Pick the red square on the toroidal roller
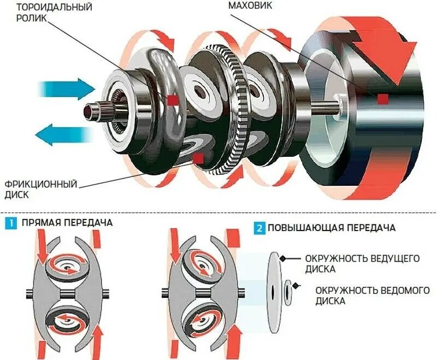tap(173, 100)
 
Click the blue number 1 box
tap(10, 223)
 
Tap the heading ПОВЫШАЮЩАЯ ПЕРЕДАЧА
tap(332, 228)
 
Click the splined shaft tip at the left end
tap(90, 109)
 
